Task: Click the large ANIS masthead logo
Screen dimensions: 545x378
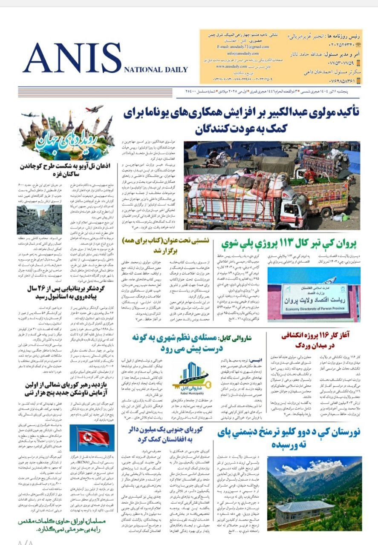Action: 72,58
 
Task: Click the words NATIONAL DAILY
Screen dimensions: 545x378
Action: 156,70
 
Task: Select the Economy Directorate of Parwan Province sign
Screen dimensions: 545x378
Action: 315,293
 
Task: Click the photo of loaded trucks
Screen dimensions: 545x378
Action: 272,185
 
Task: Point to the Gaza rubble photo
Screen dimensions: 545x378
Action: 33,220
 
